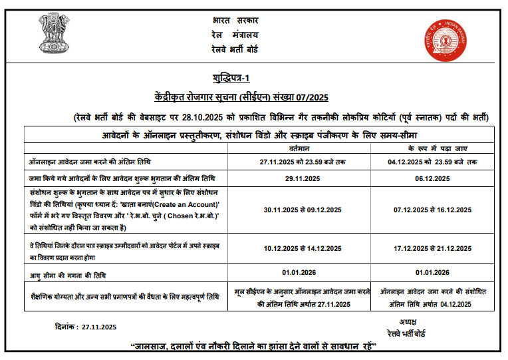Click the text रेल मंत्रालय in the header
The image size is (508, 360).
(x=236, y=35)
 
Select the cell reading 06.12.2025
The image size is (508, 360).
(x=433, y=178)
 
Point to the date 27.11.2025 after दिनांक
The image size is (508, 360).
(x=98, y=327)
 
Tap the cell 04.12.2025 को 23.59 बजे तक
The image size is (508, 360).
(x=433, y=162)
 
